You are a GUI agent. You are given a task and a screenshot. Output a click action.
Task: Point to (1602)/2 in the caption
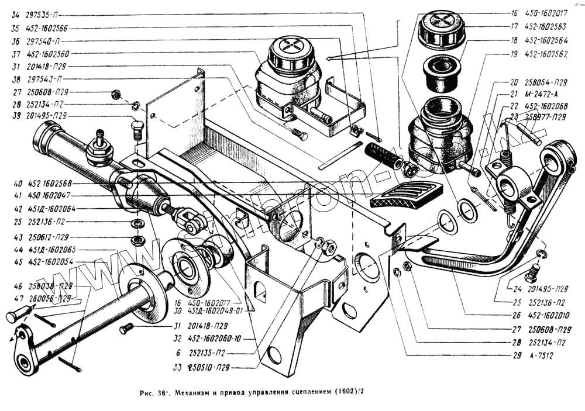pos(353,391)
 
